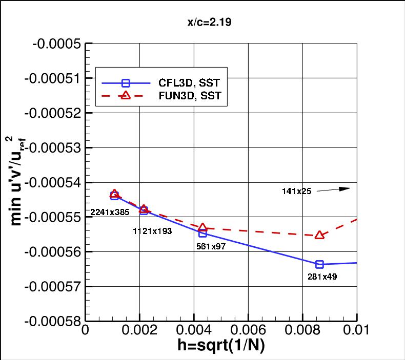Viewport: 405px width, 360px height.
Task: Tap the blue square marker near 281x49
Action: pyautogui.click(x=319, y=264)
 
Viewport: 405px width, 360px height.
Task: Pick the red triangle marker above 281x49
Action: pyautogui.click(x=319, y=235)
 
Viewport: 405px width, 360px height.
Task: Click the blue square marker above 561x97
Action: pyautogui.click(x=202, y=233)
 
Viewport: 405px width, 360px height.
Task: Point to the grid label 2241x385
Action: pyautogui.click(x=110, y=212)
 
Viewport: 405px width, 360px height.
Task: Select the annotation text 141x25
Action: pyautogui.click(x=296, y=191)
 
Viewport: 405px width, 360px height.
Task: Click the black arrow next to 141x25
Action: pyautogui.click(x=333, y=189)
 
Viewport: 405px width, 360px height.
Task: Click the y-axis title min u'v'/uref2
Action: pyautogui.click(x=17, y=182)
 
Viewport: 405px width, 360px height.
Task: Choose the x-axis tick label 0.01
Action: pyautogui.click(x=356, y=331)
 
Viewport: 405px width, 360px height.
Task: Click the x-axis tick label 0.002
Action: pyautogui.click(x=139, y=331)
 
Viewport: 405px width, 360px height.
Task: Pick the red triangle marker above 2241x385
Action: pyautogui.click(x=114, y=194)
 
